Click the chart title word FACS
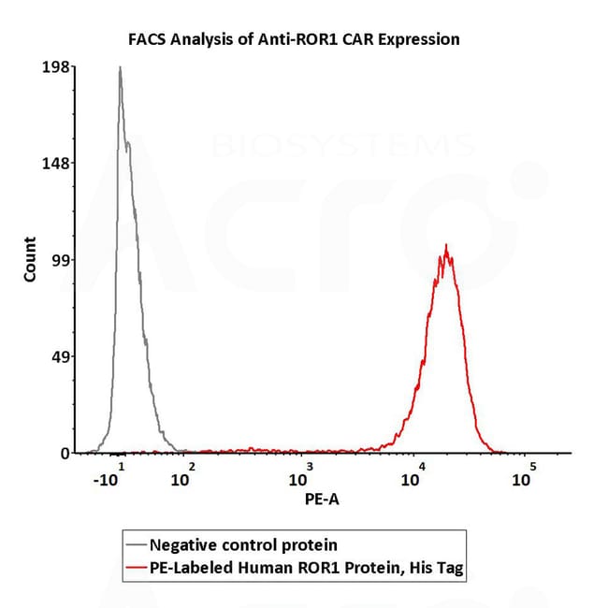click(147, 39)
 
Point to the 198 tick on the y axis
click(58, 66)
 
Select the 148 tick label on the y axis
click(58, 163)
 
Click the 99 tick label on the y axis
click(62, 261)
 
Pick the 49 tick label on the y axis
click(62, 357)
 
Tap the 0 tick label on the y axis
click(65, 454)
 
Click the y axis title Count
click(30, 261)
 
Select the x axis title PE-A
click(322, 499)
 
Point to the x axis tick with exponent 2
click(183, 477)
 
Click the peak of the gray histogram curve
click(120, 67)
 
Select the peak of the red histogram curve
click(446, 246)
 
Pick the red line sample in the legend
click(137, 567)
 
